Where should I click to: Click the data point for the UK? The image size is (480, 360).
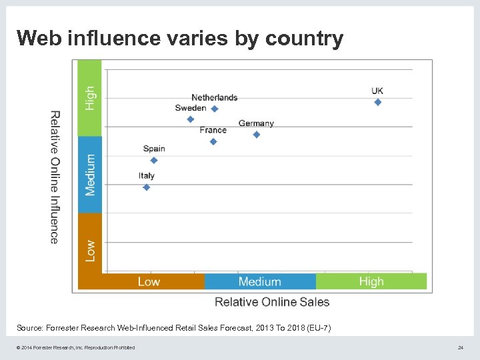click(x=378, y=102)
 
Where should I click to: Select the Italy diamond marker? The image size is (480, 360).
click(x=147, y=187)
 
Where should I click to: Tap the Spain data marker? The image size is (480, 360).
click(x=154, y=160)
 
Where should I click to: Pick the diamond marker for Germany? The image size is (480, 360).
click(x=257, y=135)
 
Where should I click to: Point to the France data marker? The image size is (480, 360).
click(x=213, y=141)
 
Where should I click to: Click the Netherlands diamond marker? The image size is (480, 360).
click(x=215, y=109)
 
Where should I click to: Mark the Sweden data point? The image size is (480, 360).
click(x=191, y=119)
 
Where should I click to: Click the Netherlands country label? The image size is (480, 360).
click(x=215, y=98)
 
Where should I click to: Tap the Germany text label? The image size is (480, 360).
click(x=256, y=123)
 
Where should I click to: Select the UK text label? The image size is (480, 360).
click(x=377, y=91)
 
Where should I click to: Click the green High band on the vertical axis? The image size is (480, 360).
click(x=90, y=98)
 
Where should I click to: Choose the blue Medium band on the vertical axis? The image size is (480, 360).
click(x=90, y=175)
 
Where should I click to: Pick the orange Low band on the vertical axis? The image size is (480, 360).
click(x=90, y=251)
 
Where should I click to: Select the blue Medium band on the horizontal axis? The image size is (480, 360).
click(x=260, y=281)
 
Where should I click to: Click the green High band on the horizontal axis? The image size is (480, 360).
click(x=371, y=281)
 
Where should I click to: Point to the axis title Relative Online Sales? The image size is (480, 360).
click(x=272, y=302)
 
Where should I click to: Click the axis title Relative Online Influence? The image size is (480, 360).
click(x=55, y=177)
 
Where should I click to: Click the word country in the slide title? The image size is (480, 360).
click(x=304, y=39)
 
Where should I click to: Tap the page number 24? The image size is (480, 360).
click(x=460, y=347)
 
